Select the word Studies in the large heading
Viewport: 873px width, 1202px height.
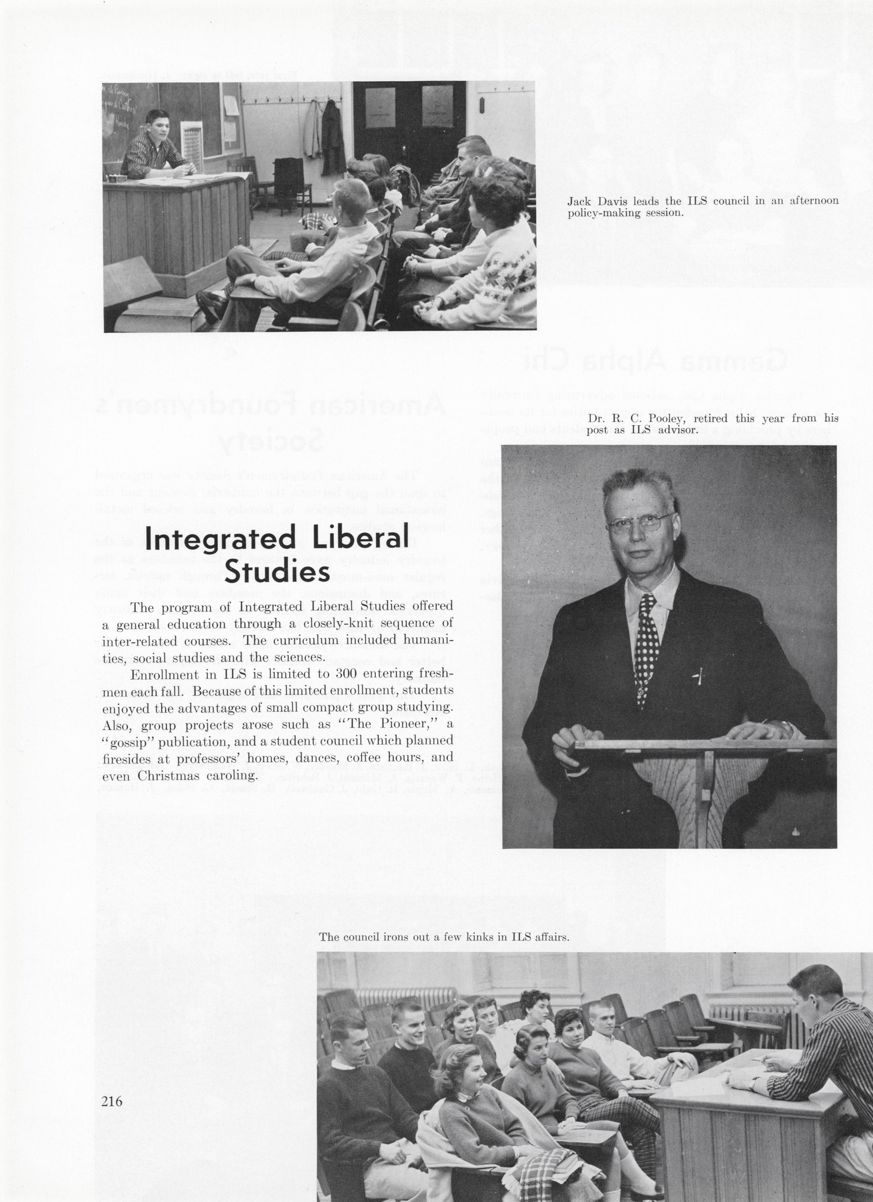coord(277,573)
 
